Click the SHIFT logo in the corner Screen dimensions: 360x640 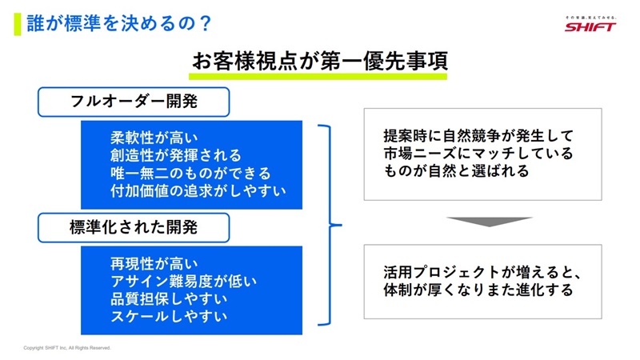pyautogui.click(x=590, y=25)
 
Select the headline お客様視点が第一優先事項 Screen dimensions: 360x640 pyautogui.click(x=318, y=62)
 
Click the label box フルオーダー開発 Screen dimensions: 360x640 pyautogui.click(x=134, y=102)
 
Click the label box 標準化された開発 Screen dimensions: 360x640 pyautogui.click(x=134, y=228)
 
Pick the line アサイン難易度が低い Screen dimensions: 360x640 pyautogui.click(x=177, y=281)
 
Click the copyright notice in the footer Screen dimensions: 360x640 pyautogui.click(x=67, y=348)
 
